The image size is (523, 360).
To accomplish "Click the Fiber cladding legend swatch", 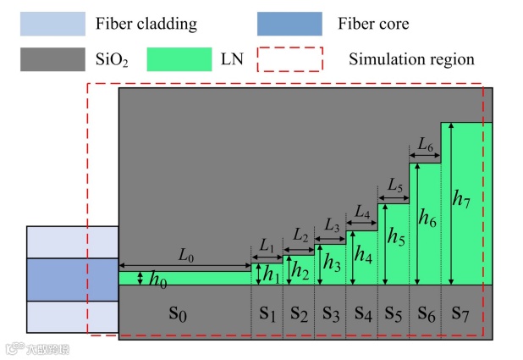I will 52,24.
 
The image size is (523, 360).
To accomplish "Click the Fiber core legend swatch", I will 289,24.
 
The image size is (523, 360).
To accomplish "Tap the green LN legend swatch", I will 179,59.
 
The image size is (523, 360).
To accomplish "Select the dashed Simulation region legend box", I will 289,59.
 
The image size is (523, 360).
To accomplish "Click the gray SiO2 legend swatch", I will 52,59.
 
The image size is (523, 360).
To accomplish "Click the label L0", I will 185,253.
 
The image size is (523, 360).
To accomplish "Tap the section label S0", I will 177,314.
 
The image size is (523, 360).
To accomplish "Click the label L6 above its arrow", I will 425,145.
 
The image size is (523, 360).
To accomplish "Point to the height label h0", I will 157,280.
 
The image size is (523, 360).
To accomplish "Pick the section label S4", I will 362,314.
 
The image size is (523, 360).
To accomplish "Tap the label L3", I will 331,227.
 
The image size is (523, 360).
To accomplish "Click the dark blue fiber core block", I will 72,280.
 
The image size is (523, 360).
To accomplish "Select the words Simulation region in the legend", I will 411,59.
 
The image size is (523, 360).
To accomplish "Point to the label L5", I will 394,185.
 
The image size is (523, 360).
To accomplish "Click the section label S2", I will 299,314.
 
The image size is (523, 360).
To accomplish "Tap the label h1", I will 270,274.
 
